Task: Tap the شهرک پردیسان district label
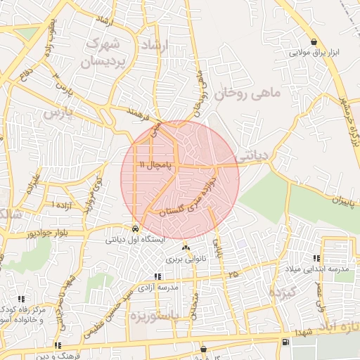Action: (x=107, y=53)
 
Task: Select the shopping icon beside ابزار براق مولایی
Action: (x=313, y=41)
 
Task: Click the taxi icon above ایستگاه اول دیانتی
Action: (x=134, y=229)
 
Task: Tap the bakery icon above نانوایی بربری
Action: (x=186, y=248)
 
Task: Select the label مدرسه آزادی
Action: (x=158, y=288)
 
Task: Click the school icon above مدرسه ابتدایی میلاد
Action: (x=326, y=259)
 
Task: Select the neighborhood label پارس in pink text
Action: (x=57, y=112)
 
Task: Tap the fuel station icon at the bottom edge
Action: (x=284, y=342)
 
